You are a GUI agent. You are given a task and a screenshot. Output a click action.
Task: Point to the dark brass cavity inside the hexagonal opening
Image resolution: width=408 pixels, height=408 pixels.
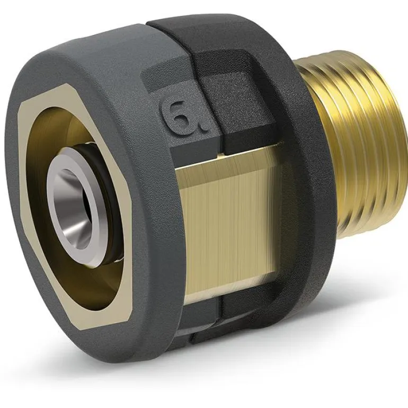[x=52, y=260]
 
